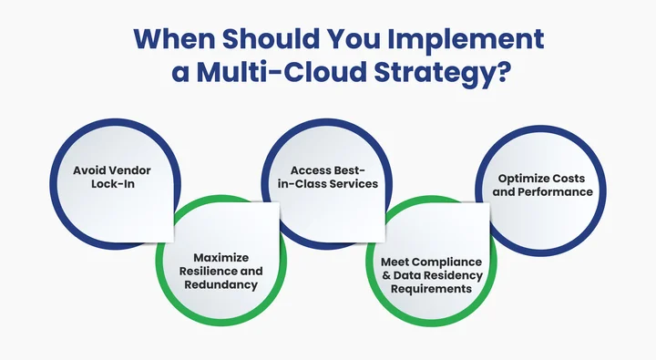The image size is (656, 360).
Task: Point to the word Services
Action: point(354,183)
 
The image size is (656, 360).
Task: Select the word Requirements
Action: point(433,288)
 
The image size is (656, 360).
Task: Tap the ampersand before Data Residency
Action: point(384,275)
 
